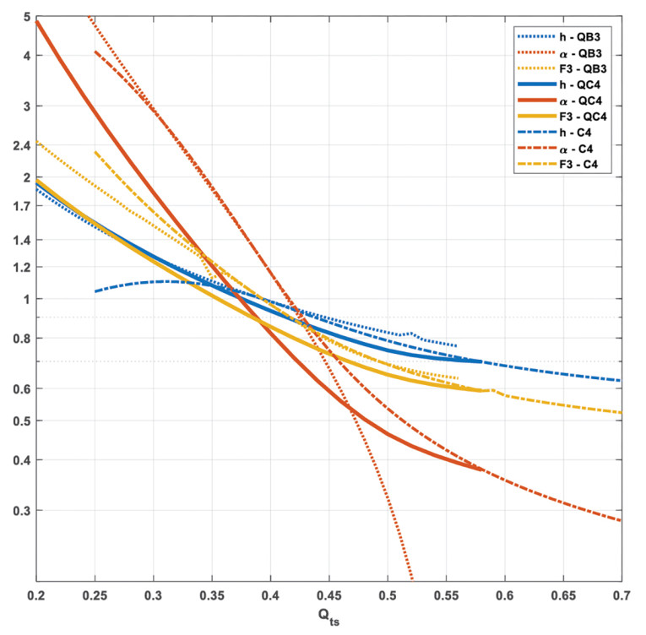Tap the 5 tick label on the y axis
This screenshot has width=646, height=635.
(x=26, y=18)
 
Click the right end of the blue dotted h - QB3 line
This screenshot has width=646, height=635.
(x=456, y=345)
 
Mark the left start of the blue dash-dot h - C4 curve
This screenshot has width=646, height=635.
(x=95, y=291)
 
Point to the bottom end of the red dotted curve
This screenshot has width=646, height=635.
(x=412, y=579)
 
